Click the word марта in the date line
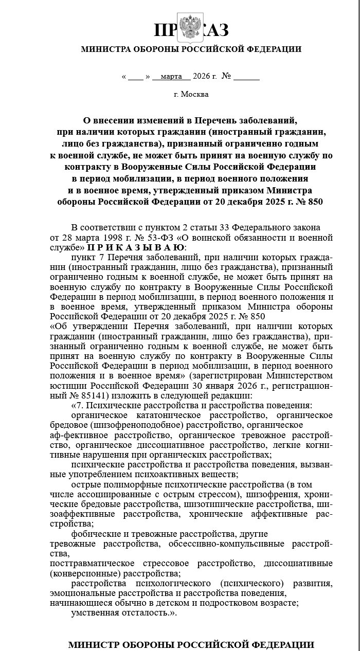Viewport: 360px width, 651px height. click(171, 77)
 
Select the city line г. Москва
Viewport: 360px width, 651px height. click(191, 94)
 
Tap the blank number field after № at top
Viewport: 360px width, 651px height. click(246, 77)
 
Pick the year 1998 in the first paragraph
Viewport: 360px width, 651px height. click(105, 238)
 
